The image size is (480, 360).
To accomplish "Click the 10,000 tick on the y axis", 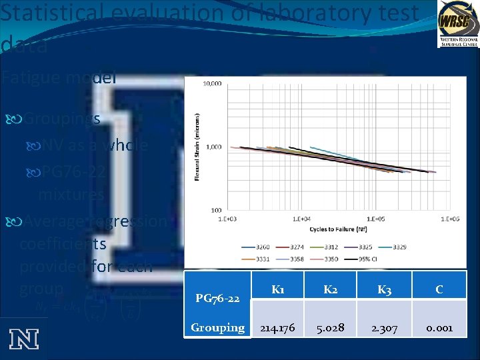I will pos(213,84).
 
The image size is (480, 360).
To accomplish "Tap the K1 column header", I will pos(278,289).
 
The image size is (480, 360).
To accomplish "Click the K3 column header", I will pos(384,289).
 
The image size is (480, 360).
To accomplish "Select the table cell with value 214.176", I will pos(278,328).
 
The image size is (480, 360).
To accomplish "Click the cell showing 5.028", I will pos(330,328).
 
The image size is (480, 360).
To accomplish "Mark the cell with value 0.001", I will pos(439,328).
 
